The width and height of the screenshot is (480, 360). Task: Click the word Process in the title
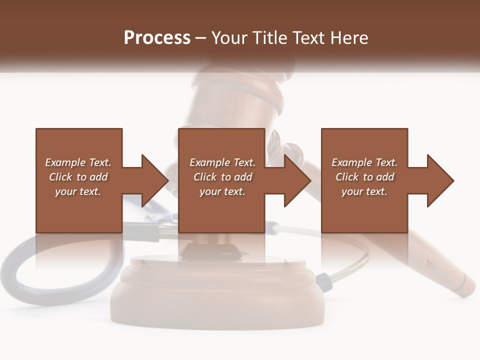pyautogui.click(x=157, y=38)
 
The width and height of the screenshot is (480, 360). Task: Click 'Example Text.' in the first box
pyautogui.click(x=78, y=162)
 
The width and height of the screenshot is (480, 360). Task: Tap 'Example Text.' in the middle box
pyautogui.click(x=222, y=162)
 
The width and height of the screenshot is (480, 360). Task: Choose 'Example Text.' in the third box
pyautogui.click(x=364, y=162)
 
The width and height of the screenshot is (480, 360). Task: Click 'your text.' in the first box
pyautogui.click(x=78, y=191)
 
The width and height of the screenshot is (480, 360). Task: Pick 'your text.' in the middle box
pyautogui.click(x=222, y=191)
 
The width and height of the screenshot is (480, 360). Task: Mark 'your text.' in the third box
pyautogui.click(x=364, y=191)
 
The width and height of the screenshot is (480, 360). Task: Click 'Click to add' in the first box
pyautogui.click(x=78, y=177)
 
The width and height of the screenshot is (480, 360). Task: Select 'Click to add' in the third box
pyautogui.click(x=364, y=177)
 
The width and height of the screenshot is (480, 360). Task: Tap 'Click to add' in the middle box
pyautogui.click(x=222, y=177)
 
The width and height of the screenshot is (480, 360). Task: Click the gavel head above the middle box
pyautogui.click(x=235, y=97)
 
